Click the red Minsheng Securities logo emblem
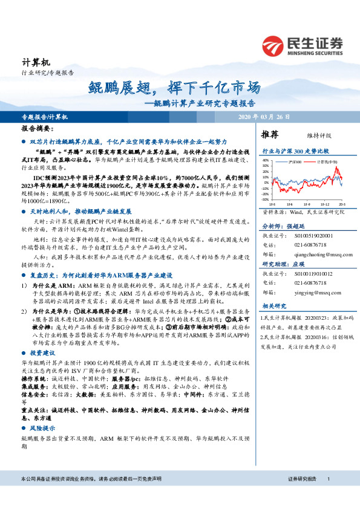tap(272, 44)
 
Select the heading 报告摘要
tap(38, 129)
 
